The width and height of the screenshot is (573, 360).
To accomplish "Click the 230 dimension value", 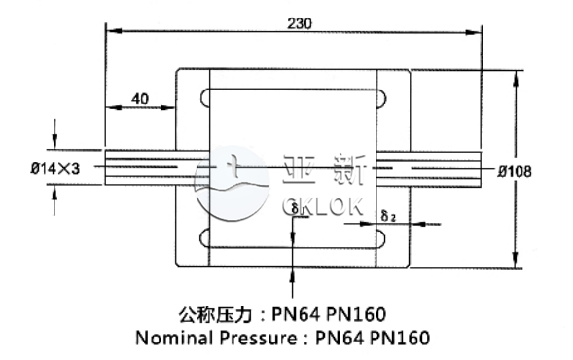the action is [x=300, y=22].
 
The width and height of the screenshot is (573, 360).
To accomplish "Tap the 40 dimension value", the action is [x=139, y=98].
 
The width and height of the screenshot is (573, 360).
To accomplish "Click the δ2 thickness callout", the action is [x=386, y=215].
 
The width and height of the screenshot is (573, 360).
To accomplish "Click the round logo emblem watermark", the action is [x=230, y=183].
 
